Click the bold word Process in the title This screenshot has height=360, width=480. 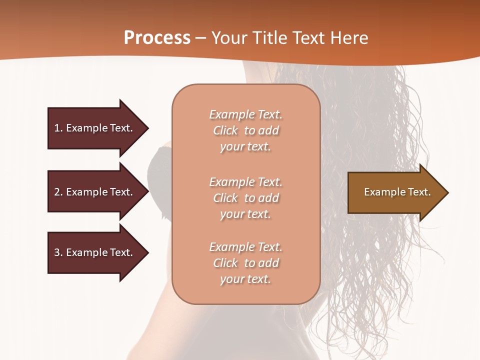[157, 37]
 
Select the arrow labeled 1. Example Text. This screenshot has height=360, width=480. [95, 128]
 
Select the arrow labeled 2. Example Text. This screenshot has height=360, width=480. [95, 192]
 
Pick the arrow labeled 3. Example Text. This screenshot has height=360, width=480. [95, 252]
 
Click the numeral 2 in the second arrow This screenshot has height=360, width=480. [57, 192]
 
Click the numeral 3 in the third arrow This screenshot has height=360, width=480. [57, 252]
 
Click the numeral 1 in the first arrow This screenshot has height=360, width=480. [57, 128]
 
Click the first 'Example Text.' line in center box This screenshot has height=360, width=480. [245, 114]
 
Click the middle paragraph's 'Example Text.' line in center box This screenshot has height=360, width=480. [245, 182]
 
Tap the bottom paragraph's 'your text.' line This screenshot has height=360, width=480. [245, 279]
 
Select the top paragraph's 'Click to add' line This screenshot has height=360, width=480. [245, 130]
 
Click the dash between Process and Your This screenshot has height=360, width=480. [200, 38]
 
